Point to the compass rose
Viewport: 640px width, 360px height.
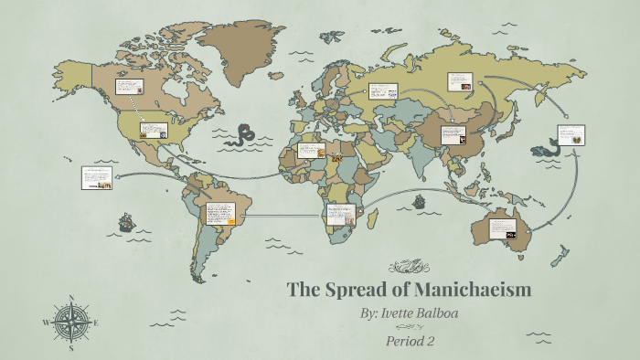pos(71,323)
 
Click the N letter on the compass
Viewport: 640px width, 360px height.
pos(71,298)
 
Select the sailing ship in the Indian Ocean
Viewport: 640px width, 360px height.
pos(419,202)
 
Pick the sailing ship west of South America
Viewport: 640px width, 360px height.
pos(125,221)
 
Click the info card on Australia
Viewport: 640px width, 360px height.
pos(504,229)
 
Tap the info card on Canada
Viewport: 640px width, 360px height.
pos(127,88)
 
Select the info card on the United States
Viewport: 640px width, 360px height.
pos(154,129)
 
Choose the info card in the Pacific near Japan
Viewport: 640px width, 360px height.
pos(572,134)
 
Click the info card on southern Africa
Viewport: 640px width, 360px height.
pos(339,215)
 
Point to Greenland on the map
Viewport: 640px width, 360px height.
pos(240,46)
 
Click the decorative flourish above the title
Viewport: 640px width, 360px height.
pos(409,267)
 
